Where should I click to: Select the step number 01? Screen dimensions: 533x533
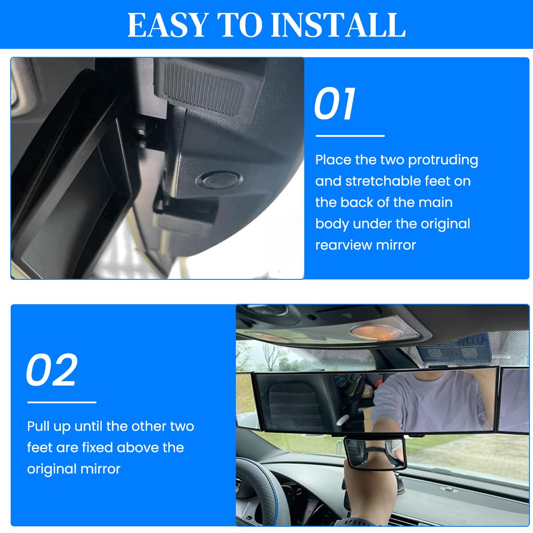335,104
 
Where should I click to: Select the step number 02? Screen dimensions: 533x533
52,370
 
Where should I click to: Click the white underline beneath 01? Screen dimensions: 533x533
350,136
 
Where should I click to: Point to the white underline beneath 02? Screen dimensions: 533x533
62,402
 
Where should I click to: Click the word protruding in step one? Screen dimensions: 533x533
443,160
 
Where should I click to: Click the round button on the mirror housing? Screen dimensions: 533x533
219,180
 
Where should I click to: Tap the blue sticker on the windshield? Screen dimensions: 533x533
453,351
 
